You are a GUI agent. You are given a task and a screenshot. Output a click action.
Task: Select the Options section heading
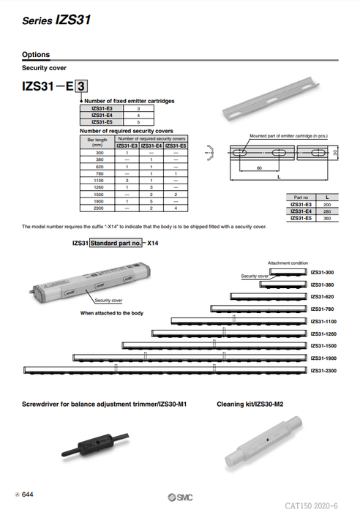(x=36, y=55)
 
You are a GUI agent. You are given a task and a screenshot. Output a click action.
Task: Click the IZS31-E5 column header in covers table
(x=176, y=147)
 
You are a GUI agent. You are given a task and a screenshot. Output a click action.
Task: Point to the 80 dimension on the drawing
(x=259, y=167)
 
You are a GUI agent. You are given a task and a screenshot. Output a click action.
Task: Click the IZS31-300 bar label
(x=323, y=272)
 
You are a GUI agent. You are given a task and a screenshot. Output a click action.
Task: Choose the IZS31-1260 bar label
(x=324, y=334)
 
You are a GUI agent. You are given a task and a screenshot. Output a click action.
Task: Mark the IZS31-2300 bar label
(x=324, y=370)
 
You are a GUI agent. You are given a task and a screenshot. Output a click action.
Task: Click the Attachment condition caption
(x=288, y=262)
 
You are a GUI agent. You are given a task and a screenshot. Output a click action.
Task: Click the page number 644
(x=28, y=495)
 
